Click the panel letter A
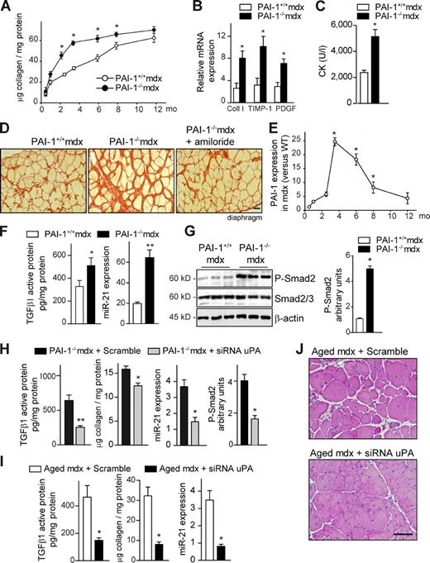(7, 7)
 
